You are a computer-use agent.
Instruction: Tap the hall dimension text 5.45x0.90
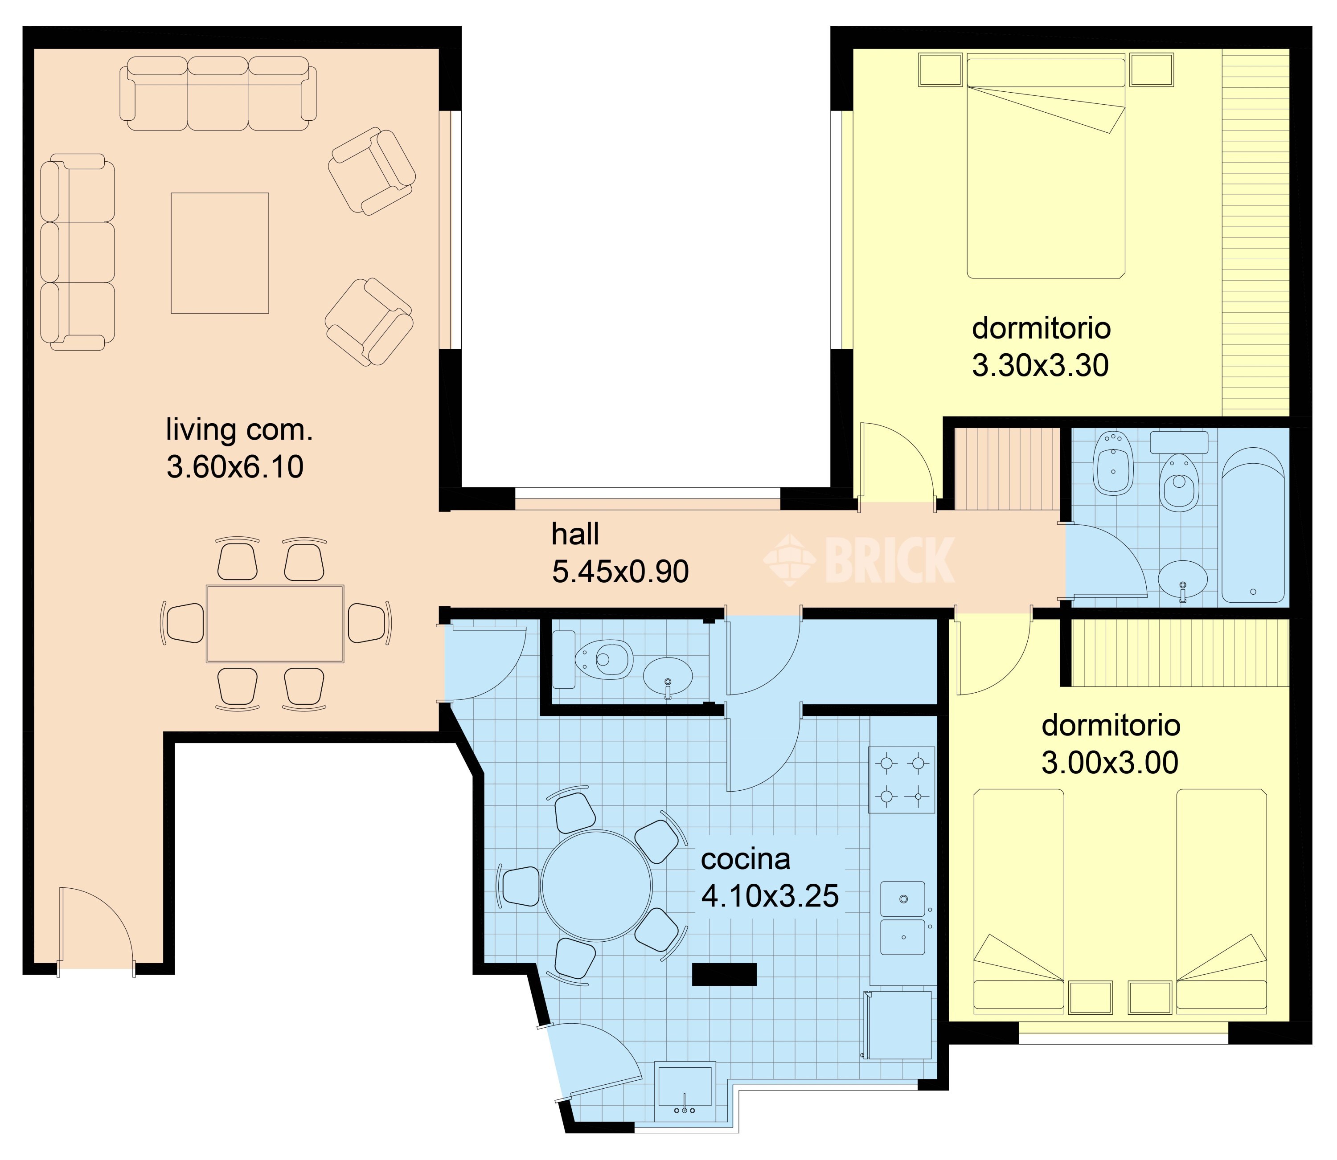click(619, 572)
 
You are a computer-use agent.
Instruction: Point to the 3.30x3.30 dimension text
click(1041, 366)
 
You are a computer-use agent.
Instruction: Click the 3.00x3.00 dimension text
click(1110, 763)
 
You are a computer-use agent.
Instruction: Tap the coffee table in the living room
click(219, 253)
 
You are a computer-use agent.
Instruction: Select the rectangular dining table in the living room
click(275, 623)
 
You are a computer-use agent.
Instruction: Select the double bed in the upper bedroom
click(1046, 167)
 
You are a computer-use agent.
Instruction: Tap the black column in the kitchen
click(725, 974)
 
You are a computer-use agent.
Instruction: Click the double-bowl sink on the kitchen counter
click(902, 918)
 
